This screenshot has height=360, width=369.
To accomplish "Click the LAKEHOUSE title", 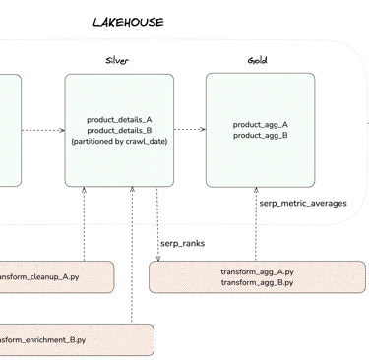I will click(x=128, y=22).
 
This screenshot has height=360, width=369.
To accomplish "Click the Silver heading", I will click(x=117, y=61).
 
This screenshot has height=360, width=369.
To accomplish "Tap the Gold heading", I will click(x=258, y=61).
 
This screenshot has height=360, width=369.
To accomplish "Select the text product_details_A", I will click(x=119, y=120).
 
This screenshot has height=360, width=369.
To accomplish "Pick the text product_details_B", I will click(x=119, y=131).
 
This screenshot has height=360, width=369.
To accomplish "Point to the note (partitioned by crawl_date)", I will click(x=119, y=142).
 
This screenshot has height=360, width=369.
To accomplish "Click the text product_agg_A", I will click(x=260, y=125).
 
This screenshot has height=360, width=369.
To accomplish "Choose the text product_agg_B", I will click(x=260, y=136).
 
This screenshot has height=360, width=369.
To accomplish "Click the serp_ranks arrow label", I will click(x=182, y=242).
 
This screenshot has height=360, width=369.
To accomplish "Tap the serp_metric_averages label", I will click(x=302, y=204).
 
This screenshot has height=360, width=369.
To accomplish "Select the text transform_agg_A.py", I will click(x=257, y=271).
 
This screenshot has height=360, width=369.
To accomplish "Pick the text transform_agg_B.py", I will click(x=257, y=282).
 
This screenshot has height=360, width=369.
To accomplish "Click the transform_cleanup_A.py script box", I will click(x=54, y=277).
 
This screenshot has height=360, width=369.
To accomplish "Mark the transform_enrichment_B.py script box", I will click(x=74, y=340).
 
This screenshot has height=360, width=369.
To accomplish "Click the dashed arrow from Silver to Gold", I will click(x=189, y=129).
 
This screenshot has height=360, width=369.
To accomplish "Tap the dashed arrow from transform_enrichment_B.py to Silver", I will click(x=132, y=256).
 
